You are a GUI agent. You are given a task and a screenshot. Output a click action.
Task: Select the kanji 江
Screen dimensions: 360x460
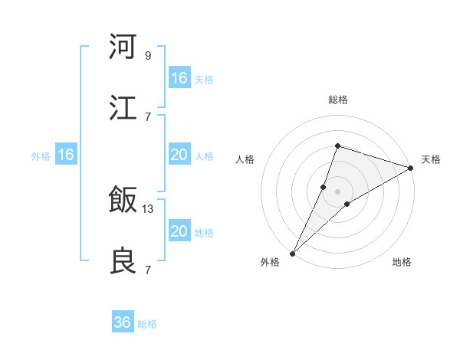tap(123, 108)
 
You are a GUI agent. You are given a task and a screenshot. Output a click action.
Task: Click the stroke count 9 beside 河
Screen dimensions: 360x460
tap(148, 55)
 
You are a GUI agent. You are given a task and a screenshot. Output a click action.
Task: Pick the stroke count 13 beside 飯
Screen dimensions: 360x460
tap(148, 208)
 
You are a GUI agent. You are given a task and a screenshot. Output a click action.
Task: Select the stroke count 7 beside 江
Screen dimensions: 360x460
tap(148, 116)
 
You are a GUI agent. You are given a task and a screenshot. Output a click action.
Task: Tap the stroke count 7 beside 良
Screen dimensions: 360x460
tap(148, 270)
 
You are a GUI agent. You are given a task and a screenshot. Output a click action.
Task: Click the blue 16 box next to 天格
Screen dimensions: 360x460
tap(179, 78)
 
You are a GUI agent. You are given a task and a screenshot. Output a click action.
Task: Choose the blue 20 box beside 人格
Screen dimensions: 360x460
tap(179, 155)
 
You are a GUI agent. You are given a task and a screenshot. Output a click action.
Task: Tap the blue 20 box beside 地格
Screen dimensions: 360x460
tap(179, 231)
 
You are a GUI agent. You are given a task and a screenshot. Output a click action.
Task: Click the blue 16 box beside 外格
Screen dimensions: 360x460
tap(66, 155)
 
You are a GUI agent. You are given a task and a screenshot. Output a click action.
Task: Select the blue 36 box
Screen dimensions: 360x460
tap(123, 322)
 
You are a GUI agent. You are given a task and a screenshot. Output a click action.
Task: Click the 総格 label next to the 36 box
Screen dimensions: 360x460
tap(148, 324)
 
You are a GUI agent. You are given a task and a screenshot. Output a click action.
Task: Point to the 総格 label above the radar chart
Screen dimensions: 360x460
tap(338, 100)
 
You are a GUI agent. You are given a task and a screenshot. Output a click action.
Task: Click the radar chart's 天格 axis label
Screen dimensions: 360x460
tap(431, 159)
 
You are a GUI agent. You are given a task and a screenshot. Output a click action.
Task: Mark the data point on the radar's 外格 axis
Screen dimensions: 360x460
tap(293, 253)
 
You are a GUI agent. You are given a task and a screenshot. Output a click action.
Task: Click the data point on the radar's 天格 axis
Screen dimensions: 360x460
tap(411, 168)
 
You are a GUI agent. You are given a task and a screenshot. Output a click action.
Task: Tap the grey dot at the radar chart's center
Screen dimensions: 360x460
tap(338, 191)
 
